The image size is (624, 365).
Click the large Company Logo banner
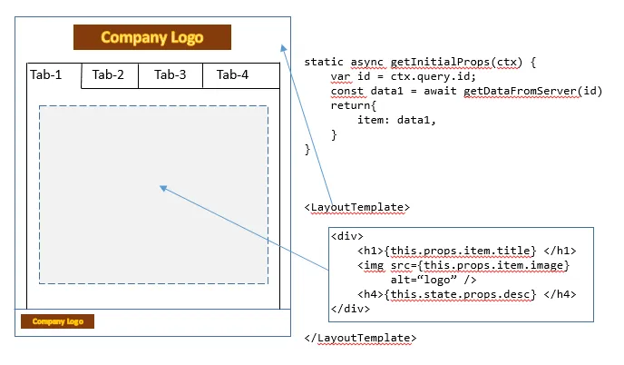coord(152,37)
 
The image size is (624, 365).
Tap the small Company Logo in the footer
coord(58,321)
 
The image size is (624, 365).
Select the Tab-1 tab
coord(45,74)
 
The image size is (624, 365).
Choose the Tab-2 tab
coord(108,74)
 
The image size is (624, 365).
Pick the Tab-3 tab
coord(170,74)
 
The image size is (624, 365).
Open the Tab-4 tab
coord(232,74)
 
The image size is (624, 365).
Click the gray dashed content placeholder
coord(153,194)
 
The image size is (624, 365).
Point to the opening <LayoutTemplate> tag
coord(357,207)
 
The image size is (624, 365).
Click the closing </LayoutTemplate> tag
coord(361,338)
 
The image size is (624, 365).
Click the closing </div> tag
coord(351,309)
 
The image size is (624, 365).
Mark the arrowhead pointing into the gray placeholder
coord(163,187)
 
